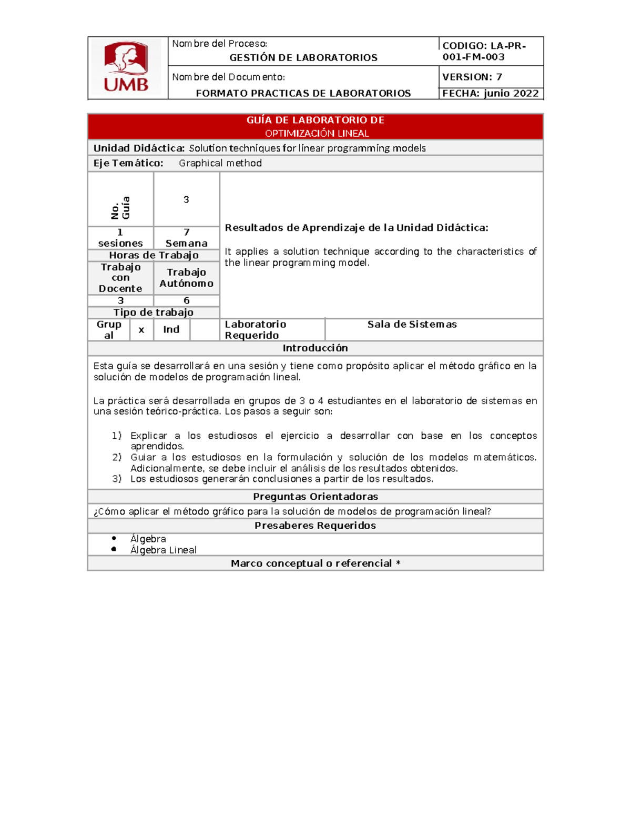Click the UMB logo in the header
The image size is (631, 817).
(126, 67)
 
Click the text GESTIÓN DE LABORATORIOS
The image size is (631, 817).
(303, 57)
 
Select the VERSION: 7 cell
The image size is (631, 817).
(472, 77)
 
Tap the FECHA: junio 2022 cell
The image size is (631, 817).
(490, 93)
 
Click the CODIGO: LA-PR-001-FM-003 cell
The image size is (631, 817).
(484, 51)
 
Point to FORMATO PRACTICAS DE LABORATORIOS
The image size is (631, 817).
(303, 93)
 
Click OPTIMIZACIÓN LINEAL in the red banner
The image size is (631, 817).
(317, 133)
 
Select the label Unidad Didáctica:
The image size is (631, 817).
(139, 148)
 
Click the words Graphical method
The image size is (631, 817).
(220, 163)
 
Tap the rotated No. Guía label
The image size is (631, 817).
(120, 207)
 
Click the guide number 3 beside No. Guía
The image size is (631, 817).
(186, 199)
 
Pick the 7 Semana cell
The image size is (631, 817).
(186, 237)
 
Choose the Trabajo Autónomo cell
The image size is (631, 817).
(186, 277)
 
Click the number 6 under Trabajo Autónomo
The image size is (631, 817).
(186, 300)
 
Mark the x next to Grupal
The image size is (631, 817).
(141, 330)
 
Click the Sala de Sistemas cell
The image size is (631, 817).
(412, 324)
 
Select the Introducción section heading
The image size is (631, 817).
(315, 348)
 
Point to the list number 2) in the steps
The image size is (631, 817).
(117, 457)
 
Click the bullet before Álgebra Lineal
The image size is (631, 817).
(114, 549)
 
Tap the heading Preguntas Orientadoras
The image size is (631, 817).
(315, 496)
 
